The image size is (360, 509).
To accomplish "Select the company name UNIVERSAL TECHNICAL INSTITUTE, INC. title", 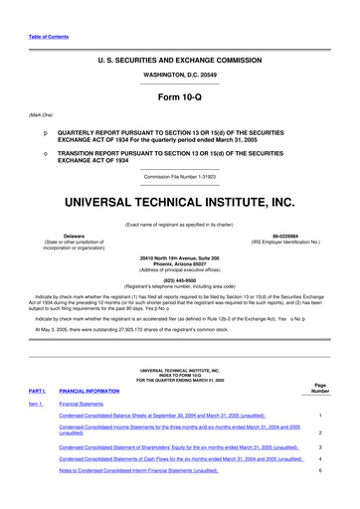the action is tap(179, 202).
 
